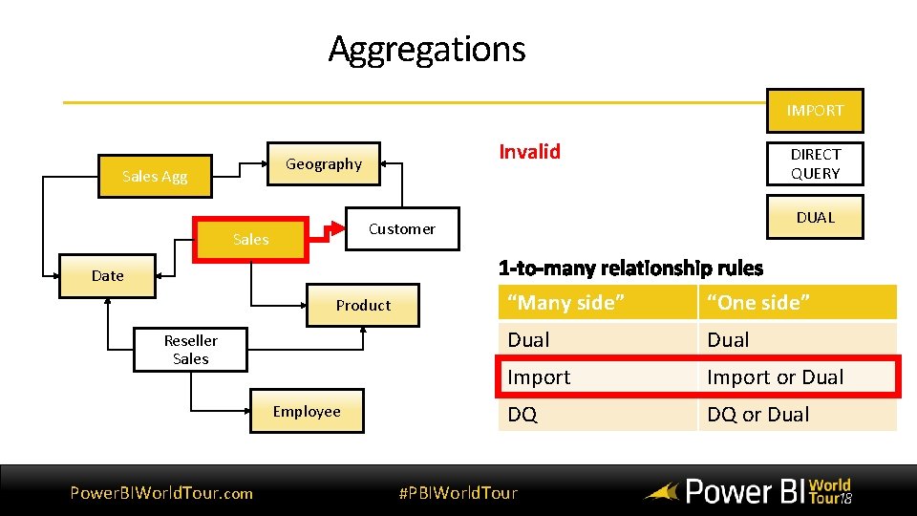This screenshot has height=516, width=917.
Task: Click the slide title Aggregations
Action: tap(427, 49)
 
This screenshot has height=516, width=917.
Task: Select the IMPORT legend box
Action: tap(815, 111)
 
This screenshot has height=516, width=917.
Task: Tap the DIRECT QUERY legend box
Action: tap(815, 163)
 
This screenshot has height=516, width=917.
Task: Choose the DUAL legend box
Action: tap(815, 217)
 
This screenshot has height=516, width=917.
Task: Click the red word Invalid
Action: tap(529, 151)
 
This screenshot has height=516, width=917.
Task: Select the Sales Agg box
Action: tap(155, 177)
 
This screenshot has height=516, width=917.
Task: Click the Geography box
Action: tap(324, 164)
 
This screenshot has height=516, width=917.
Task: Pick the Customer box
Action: tap(401, 229)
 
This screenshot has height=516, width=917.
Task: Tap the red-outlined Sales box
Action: tap(250, 240)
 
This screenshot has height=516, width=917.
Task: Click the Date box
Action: tap(107, 275)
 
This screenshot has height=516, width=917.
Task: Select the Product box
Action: tap(363, 306)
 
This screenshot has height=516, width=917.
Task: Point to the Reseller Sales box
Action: tap(190, 350)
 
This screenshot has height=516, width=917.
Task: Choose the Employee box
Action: tap(307, 412)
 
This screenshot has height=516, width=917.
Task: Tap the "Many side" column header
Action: tap(566, 303)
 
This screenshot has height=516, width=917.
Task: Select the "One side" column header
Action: tap(758, 303)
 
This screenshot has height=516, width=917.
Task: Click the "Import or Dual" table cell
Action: tap(775, 377)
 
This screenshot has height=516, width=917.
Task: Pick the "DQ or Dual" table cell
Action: tap(757, 415)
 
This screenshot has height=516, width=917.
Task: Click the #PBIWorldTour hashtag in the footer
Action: tap(458, 493)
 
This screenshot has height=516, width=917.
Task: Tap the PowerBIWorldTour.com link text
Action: tap(161, 493)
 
